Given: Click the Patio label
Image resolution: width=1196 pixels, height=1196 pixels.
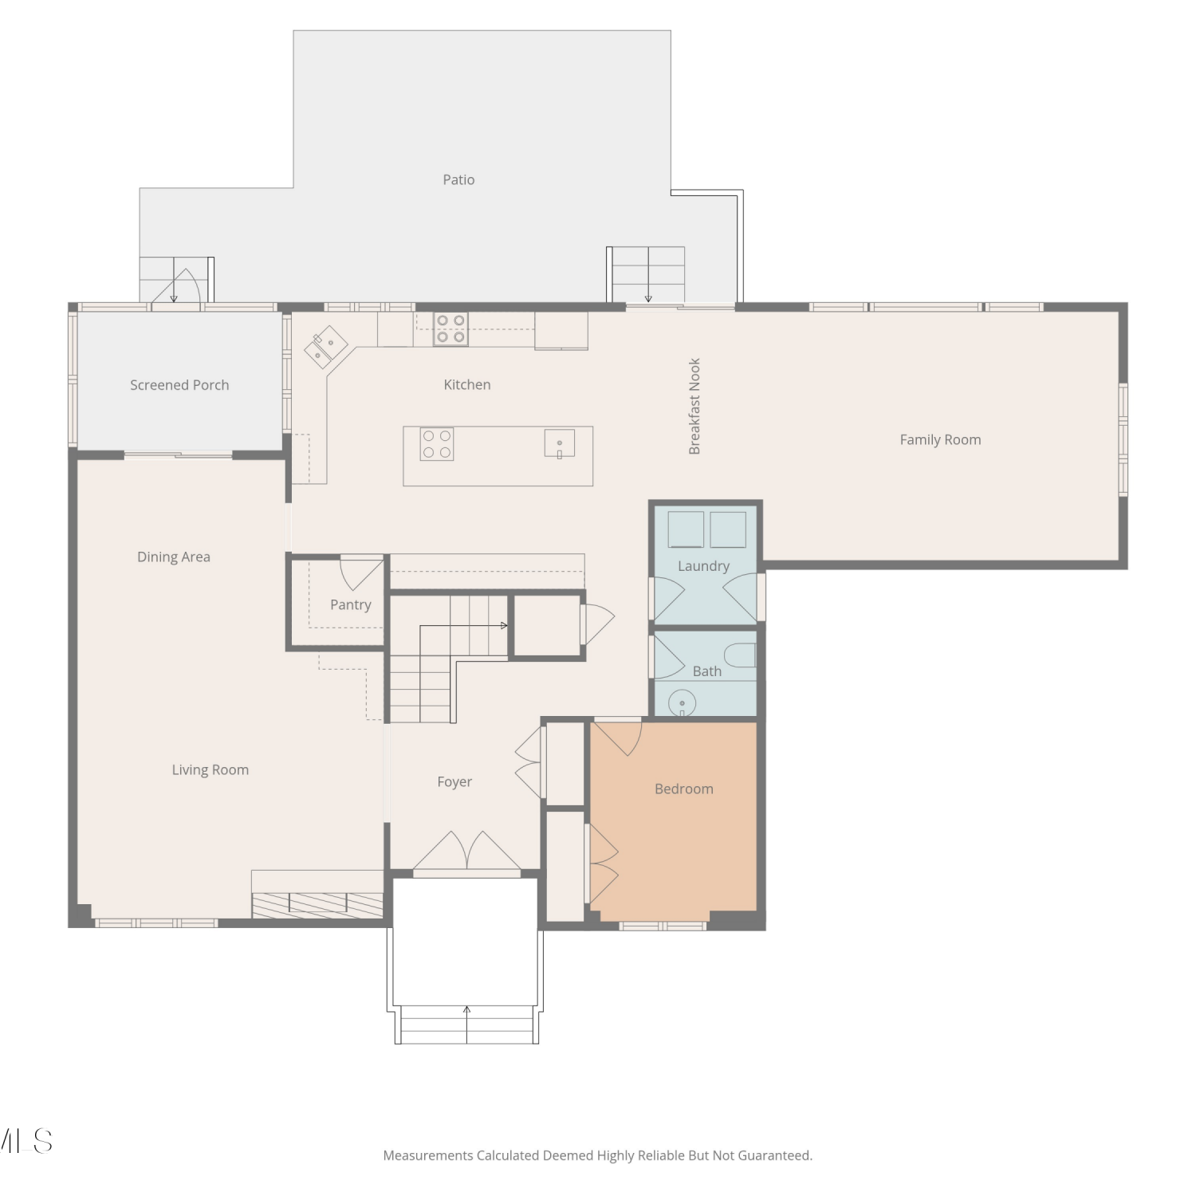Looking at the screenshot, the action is coord(458,180).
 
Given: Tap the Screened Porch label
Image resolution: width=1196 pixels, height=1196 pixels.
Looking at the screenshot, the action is coord(179,385).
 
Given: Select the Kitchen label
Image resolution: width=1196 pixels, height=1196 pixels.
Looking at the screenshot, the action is coord(467,384).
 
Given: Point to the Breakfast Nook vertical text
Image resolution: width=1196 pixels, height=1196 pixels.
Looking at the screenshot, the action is coord(694,406).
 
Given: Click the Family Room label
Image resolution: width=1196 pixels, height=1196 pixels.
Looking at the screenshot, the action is coord(941,439).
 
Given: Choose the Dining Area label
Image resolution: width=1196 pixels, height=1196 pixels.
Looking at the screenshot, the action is coord(174,557).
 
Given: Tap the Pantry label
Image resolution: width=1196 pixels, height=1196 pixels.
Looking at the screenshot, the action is coord(351,604).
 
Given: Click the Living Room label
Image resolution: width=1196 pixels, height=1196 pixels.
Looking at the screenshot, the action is coord(210,769).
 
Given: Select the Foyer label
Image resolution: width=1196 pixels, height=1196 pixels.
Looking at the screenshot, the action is coord(454,782).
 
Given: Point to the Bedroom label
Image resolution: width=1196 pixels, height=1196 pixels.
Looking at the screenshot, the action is coord(684,789).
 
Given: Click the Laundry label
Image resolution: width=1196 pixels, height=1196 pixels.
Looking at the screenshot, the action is coord(704,566).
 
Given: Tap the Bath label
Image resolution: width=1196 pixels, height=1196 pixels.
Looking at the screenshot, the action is coord(707,671).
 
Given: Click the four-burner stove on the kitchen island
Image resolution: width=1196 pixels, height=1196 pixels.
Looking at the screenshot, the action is coord(437,444).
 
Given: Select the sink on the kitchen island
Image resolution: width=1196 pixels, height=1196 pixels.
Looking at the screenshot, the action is coord(560,443).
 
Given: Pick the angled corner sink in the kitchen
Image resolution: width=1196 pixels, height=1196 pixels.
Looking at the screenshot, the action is coord(326,347).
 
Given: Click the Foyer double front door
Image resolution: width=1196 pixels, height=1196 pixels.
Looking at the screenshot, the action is coord(467,852).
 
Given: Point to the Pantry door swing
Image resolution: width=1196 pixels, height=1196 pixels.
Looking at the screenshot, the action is coord(361,573).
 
